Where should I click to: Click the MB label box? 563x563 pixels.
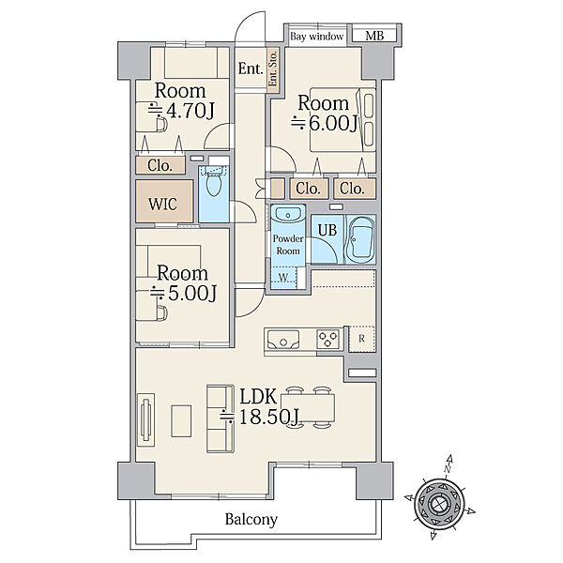pyautogui.click(x=373, y=36)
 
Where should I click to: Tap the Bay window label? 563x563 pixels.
pyautogui.click(x=317, y=37)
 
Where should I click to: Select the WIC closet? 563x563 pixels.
pyautogui.click(x=164, y=201)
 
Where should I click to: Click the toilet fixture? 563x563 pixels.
pyautogui.click(x=214, y=182)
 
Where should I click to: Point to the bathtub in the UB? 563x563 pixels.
pyautogui.click(x=360, y=239)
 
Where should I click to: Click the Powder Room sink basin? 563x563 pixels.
pyautogui.click(x=288, y=216)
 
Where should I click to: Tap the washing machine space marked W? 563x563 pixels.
pyautogui.click(x=283, y=278)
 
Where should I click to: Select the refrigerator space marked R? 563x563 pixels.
pyautogui.click(x=361, y=339)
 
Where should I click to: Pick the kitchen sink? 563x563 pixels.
pyautogui.click(x=283, y=340)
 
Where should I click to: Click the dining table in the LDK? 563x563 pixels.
pyautogui.click(x=308, y=407)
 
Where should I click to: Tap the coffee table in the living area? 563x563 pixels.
pyautogui.click(x=181, y=420)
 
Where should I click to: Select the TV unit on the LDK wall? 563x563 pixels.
pyautogui.click(x=146, y=419)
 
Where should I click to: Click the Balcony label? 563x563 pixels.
pyautogui.click(x=251, y=520)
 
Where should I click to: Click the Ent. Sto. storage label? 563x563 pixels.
pyautogui.click(x=273, y=68)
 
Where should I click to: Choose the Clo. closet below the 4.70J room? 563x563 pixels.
pyautogui.click(x=160, y=165)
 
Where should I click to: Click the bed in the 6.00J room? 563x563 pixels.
pyautogui.click(x=342, y=119)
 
